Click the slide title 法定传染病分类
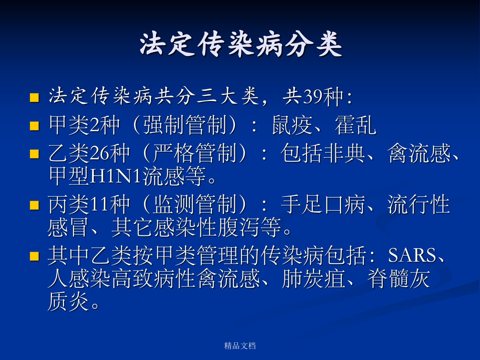pos(241,45)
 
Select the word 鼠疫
pos(292,125)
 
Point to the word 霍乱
pos(355,125)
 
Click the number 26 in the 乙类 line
pos(99,153)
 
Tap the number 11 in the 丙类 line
pos(99,205)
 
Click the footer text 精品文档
pos(240,346)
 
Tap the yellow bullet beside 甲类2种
pos(34,126)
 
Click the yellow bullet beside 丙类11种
pos(34,205)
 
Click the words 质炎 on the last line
pos(68,302)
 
